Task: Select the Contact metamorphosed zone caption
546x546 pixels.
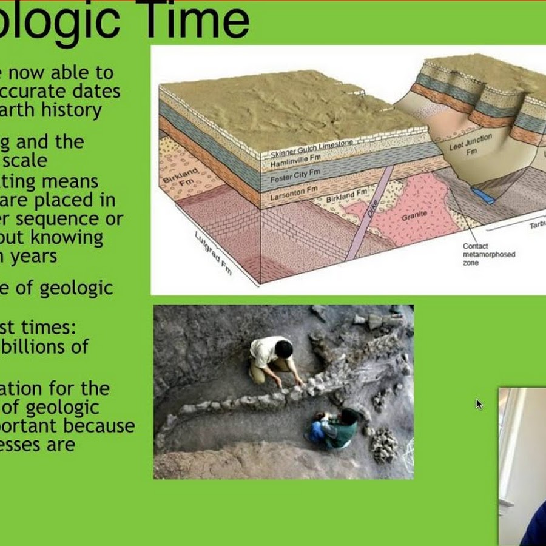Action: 488,254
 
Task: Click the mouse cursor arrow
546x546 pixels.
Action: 479,404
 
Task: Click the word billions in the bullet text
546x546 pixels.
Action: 52,347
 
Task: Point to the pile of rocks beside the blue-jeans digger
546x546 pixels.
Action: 384,445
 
